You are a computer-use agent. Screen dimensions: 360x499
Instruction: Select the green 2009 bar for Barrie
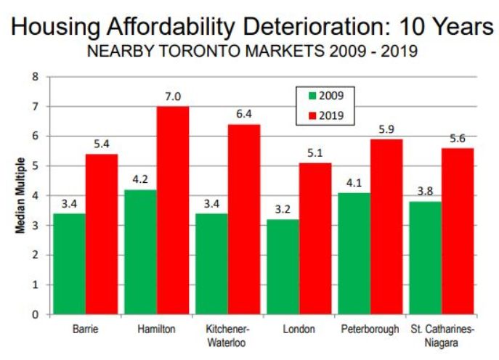point(70,263)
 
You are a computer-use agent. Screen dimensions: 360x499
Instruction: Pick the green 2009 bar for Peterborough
point(354,253)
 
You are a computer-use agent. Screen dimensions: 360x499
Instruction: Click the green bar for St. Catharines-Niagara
point(426,258)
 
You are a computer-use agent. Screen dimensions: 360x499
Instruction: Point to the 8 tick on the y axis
point(35,76)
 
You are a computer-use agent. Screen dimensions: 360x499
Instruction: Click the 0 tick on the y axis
point(35,314)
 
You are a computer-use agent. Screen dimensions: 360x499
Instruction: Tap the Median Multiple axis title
point(23,195)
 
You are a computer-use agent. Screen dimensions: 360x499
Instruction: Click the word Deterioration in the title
point(294,27)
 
